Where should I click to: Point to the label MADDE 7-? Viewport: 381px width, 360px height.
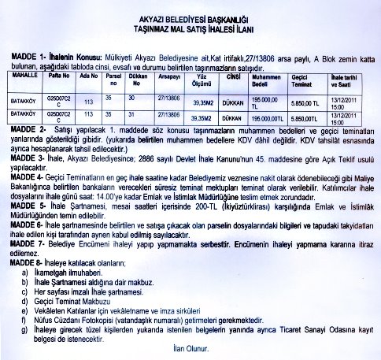(x=27, y=243)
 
